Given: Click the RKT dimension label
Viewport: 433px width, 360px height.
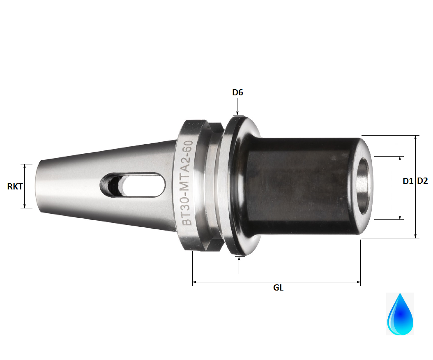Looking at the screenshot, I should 15,187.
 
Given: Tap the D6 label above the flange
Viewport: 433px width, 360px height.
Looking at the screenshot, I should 237,92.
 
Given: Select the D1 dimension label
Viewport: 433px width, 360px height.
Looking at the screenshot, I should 408,181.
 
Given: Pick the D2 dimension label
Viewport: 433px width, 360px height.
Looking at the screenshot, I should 423,181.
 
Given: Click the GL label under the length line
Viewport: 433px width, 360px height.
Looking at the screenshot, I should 278,288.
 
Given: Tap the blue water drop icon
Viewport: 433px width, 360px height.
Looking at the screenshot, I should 400,314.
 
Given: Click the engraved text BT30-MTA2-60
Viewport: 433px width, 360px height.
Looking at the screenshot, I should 187,183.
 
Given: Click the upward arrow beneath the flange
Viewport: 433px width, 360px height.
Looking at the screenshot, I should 239,259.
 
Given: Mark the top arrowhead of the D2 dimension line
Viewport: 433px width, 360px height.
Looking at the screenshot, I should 417,138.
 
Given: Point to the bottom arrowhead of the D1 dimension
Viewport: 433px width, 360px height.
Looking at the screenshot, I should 400,217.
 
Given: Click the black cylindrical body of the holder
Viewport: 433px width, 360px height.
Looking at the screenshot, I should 300,187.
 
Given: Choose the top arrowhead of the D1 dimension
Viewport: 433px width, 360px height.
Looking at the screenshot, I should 400,159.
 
